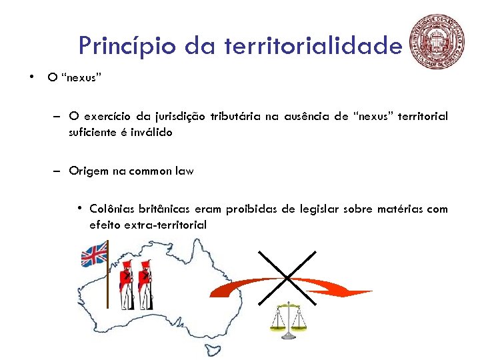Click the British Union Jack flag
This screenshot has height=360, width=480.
94,255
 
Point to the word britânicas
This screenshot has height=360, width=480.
165,209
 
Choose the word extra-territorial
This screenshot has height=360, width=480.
166,225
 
